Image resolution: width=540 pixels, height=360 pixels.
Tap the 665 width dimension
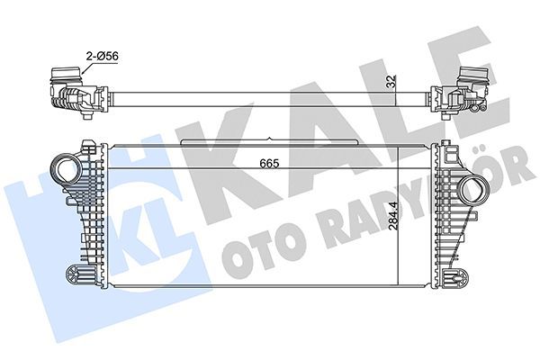click(x=270, y=163)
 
